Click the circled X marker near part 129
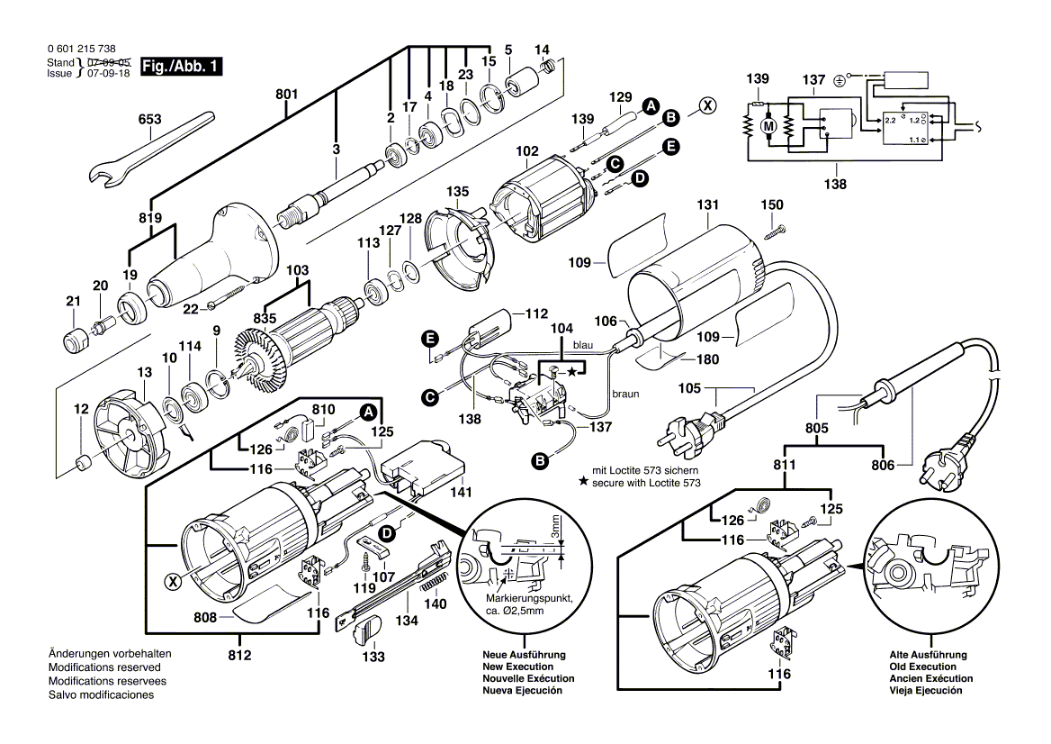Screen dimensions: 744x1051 [x=709, y=105]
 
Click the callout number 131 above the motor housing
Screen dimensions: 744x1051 [x=712, y=205]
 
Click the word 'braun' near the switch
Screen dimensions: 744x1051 [x=626, y=394]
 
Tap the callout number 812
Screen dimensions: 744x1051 [x=239, y=655]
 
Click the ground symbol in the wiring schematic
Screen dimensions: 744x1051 [x=839, y=80]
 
